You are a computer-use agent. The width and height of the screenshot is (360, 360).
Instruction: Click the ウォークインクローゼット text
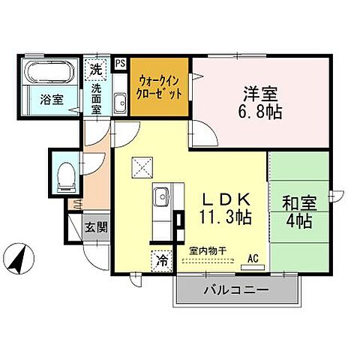click(x=158, y=90)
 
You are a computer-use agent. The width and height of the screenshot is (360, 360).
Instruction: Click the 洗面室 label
click(x=97, y=97)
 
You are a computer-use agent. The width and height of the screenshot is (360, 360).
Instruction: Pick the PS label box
click(x=120, y=64)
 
